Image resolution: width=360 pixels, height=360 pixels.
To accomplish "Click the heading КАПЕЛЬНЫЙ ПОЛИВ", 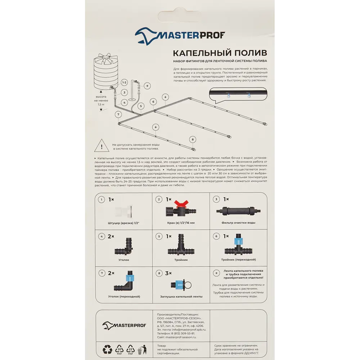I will pyautogui.click(x=220, y=53).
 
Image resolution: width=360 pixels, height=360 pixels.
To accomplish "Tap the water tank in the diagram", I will pyautogui.click(x=107, y=72).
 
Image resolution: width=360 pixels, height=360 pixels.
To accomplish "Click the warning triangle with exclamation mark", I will pyautogui.click(x=102, y=146).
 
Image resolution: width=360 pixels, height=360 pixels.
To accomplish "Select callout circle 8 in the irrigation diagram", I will pyautogui.click(x=193, y=139).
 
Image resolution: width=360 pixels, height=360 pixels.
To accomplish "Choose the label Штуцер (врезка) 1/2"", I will pyautogui.click(x=123, y=223).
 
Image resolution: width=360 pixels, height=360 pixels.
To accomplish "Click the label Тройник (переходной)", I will pyautogui.click(x=238, y=260).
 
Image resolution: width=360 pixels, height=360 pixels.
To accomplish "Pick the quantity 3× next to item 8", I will pyautogui.click(x=168, y=273).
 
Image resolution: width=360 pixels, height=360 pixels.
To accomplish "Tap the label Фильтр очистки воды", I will pyautogui.click(x=238, y=223).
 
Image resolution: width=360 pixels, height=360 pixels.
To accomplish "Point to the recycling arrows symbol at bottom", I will pyautogui.click(x=108, y=349).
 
